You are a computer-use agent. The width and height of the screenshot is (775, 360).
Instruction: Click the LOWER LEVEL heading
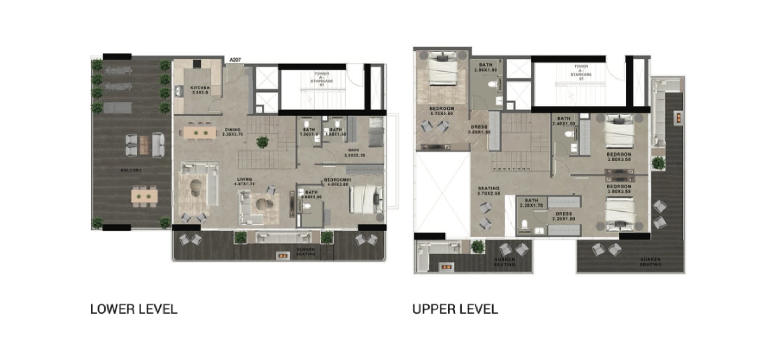point(134,310)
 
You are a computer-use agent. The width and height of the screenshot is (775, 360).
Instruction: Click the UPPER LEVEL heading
point(455,310)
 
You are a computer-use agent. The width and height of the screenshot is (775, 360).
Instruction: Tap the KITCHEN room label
point(200,90)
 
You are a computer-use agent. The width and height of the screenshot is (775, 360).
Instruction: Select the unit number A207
point(235,60)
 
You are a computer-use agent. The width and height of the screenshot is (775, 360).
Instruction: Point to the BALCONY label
point(131,170)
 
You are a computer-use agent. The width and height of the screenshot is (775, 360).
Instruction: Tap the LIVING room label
point(244,181)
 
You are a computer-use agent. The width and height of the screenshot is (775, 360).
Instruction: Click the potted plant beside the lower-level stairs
point(262,142)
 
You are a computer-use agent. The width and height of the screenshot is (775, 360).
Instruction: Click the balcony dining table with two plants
point(144,196)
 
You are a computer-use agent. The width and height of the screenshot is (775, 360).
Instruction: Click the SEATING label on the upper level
point(488,190)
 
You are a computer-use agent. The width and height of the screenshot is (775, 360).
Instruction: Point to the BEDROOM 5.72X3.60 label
point(442,111)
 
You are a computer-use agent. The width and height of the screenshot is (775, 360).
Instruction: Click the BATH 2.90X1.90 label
point(486,67)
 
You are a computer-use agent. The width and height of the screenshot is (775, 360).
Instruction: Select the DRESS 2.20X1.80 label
point(563,216)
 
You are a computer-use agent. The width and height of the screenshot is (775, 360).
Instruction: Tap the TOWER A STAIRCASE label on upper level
point(581,72)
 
